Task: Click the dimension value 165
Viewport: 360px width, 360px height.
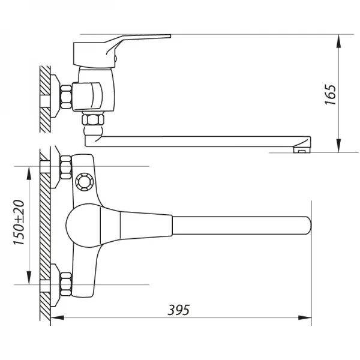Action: (x=330, y=94)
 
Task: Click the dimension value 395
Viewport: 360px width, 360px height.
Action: (x=178, y=310)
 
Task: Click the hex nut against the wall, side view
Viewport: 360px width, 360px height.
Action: (x=66, y=97)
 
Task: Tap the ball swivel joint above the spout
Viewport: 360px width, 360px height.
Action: (x=92, y=129)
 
